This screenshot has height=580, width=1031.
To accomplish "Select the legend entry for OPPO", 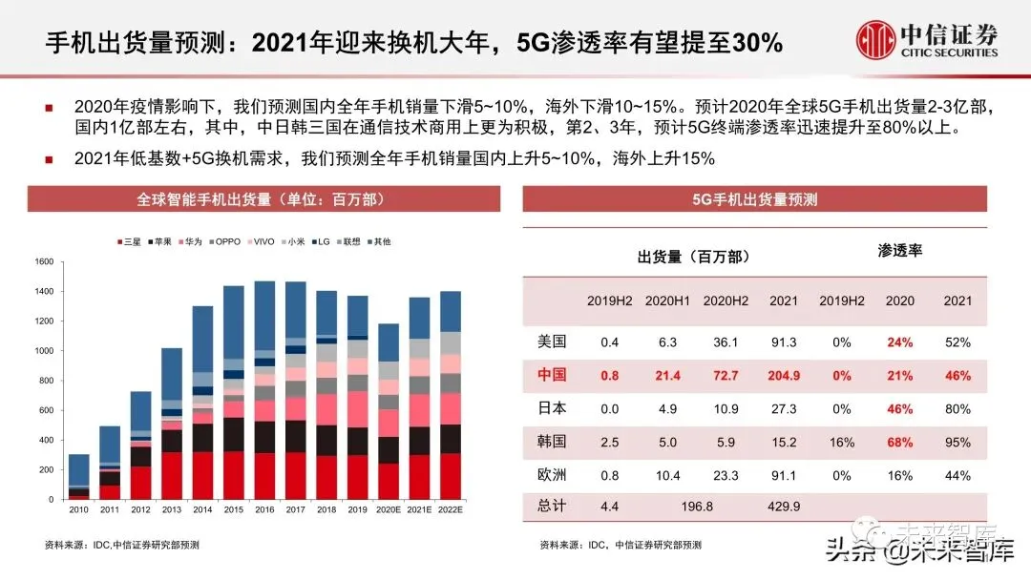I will [226, 241].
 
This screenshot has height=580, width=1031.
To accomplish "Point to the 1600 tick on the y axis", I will [44, 261].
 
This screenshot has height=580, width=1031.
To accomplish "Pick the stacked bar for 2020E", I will [388, 411].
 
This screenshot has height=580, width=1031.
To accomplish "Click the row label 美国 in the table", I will [553, 342].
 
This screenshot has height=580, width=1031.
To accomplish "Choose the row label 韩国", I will [553, 442].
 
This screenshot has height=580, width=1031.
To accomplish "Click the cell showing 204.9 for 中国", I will [784, 375].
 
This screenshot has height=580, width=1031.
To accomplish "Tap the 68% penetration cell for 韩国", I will [899, 442].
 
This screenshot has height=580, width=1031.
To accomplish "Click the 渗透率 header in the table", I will [899, 251].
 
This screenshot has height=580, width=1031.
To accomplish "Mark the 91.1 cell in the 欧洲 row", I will [784, 475].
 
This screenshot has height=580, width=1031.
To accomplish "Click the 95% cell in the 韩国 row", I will [957, 442].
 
